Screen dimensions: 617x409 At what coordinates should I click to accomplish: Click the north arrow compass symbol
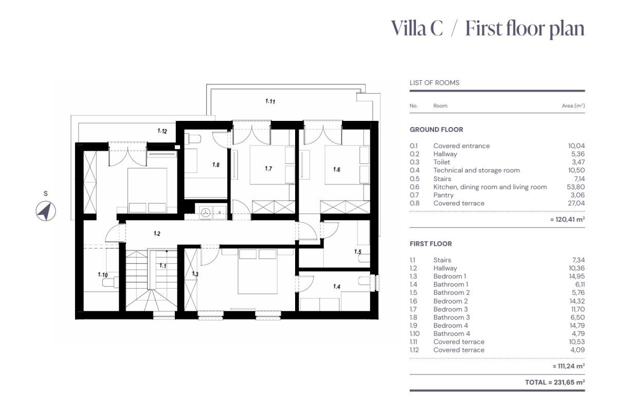[46, 211]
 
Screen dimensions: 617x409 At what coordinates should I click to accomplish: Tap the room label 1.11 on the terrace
[270, 101]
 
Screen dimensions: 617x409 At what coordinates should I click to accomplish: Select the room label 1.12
[162, 131]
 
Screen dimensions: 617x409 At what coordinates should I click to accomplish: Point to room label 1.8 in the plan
[216, 165]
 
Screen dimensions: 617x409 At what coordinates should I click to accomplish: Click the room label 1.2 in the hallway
[157, 234]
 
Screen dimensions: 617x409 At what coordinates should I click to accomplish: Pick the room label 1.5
[357, 252]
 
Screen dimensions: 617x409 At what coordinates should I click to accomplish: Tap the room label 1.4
[337, 287]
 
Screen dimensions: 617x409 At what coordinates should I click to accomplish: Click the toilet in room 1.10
[110, 282]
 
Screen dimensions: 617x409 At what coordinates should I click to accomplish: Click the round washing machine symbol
[206, 212]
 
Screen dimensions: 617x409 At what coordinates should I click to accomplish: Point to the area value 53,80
[576, 187]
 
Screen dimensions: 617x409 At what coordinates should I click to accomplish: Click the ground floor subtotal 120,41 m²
[568, 219]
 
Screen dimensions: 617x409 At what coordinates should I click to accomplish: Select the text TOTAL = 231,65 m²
[555, 382]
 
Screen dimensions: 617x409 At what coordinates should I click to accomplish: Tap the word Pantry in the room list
[443, 195]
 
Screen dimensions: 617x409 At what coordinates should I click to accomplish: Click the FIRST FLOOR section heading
[430, 244]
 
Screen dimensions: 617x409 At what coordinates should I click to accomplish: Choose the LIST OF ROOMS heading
[434, 83]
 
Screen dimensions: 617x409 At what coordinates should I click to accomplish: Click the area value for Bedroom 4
[577, 326]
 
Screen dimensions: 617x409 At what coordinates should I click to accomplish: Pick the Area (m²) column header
[573, 105]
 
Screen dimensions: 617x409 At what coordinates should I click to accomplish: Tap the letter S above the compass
[46, 193]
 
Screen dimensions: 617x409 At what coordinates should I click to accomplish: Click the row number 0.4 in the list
[414, 170]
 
